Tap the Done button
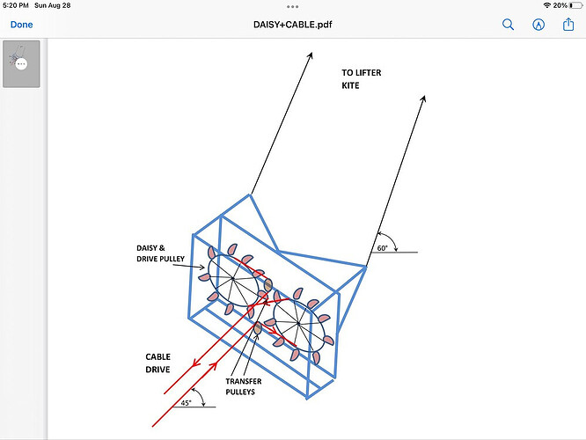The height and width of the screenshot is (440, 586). pos(21,25)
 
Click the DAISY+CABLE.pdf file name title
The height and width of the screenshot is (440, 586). pos(292,25)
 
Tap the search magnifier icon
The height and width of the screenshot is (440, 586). pos(508,25)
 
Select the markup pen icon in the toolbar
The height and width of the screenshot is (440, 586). pos(538,25)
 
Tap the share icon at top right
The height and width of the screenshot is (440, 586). pos(568,24)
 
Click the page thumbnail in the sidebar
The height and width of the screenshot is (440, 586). pos(21,63)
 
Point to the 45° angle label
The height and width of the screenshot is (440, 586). pos(186,402)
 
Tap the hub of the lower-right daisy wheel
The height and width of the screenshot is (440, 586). pos(299,324)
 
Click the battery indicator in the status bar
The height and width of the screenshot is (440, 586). pos(573,5)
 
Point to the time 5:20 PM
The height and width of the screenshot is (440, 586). pos(15,5)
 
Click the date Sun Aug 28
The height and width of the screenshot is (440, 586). pos(54,5)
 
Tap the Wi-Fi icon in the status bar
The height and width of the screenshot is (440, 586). pos(546,5)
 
